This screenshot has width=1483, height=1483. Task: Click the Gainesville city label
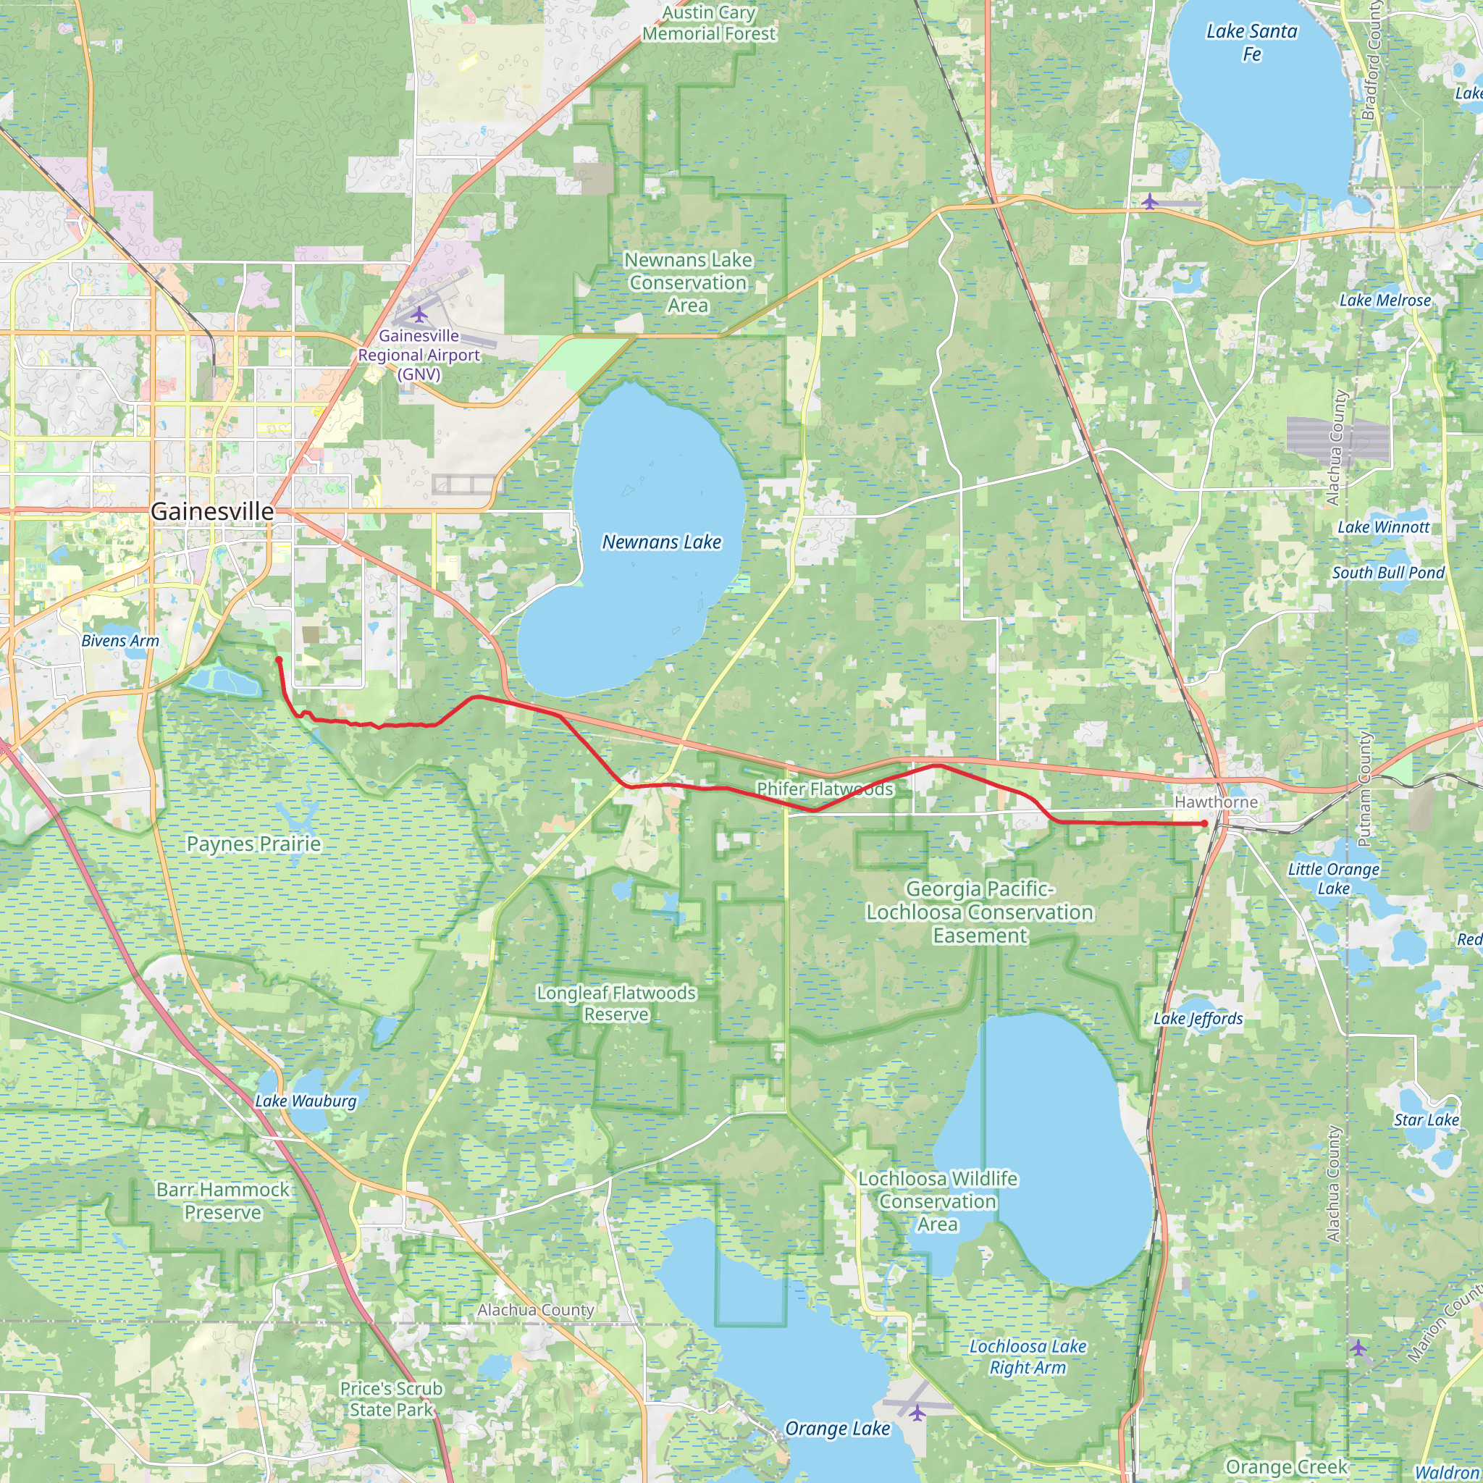(x=212, y=511)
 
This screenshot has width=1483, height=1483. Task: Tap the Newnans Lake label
(x=662, y=542)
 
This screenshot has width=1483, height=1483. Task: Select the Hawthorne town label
(x=1217, y=802)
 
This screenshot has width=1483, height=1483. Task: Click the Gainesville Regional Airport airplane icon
(x=419, y=315)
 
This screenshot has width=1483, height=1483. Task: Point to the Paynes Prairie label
(x=254, y=844)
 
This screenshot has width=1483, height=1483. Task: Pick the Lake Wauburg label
(x=306, y=1101)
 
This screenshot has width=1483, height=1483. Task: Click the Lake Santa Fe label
(x=1252, y=42)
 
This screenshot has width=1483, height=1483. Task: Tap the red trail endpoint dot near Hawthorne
(x=1205, y=823)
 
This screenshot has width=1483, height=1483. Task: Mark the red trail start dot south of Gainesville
(x=279, y=660)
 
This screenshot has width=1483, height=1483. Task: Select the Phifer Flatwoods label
(x=825, y=789)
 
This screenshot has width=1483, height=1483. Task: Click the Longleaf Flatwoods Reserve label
(x=616, y=1003)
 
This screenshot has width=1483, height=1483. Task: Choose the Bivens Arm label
(x=120, y=641)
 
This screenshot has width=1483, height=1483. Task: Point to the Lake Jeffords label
(x=1198, y=1019)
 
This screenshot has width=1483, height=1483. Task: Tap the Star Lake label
(x=1427, y=1120)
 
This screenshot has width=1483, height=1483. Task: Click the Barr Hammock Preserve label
(x=222, y=1201)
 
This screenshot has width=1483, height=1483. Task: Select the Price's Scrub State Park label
(x=392, y=1398)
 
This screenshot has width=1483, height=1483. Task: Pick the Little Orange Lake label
(x=1334, y=878)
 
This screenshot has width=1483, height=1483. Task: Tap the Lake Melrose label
(x=1385, y=300)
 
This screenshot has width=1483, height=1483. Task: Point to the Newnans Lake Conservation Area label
(x=688, y=282)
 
